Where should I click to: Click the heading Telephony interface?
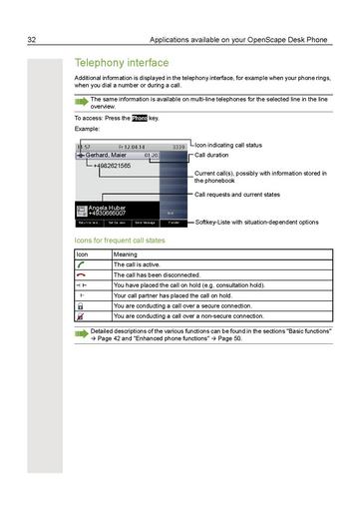pos(122,63)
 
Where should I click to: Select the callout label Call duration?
pos(212,156)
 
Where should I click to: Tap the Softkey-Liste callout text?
pos(256,222)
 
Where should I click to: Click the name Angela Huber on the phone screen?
pos(99,207)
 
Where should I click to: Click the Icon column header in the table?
pos(83,255)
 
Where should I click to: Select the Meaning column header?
pos(126,255)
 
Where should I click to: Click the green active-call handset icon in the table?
pos(83,264)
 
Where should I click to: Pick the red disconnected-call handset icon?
pos(83,274)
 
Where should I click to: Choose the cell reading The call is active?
pos(144,264)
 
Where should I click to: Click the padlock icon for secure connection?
pos(83,305)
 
